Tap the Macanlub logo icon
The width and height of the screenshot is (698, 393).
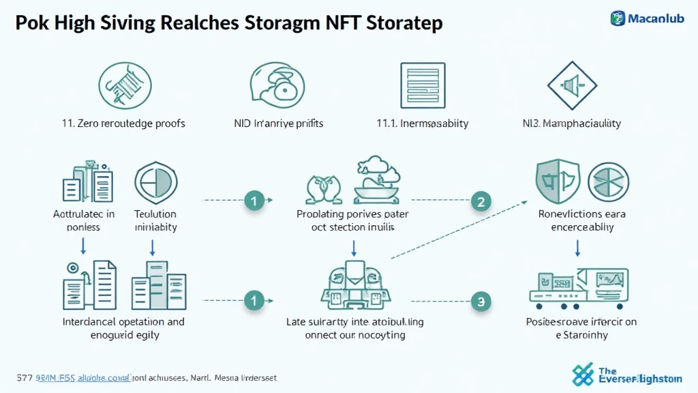point(618,18)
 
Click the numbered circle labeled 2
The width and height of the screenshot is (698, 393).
point(481,201)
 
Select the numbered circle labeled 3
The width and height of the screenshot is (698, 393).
point(481,300)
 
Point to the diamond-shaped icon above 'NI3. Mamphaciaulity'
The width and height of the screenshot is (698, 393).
point(572,85)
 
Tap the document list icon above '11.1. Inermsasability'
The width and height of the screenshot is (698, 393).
point(423,85)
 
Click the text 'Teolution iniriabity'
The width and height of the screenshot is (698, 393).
point(155,220)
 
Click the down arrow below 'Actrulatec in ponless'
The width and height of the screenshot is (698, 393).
point(83,245)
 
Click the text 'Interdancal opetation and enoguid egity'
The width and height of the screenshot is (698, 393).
point(123,328)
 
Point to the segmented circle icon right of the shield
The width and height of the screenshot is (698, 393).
point(608,181)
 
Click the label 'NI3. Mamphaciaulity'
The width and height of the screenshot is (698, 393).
point(571,123)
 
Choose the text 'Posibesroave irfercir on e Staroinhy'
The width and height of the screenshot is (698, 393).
point(581,328)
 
